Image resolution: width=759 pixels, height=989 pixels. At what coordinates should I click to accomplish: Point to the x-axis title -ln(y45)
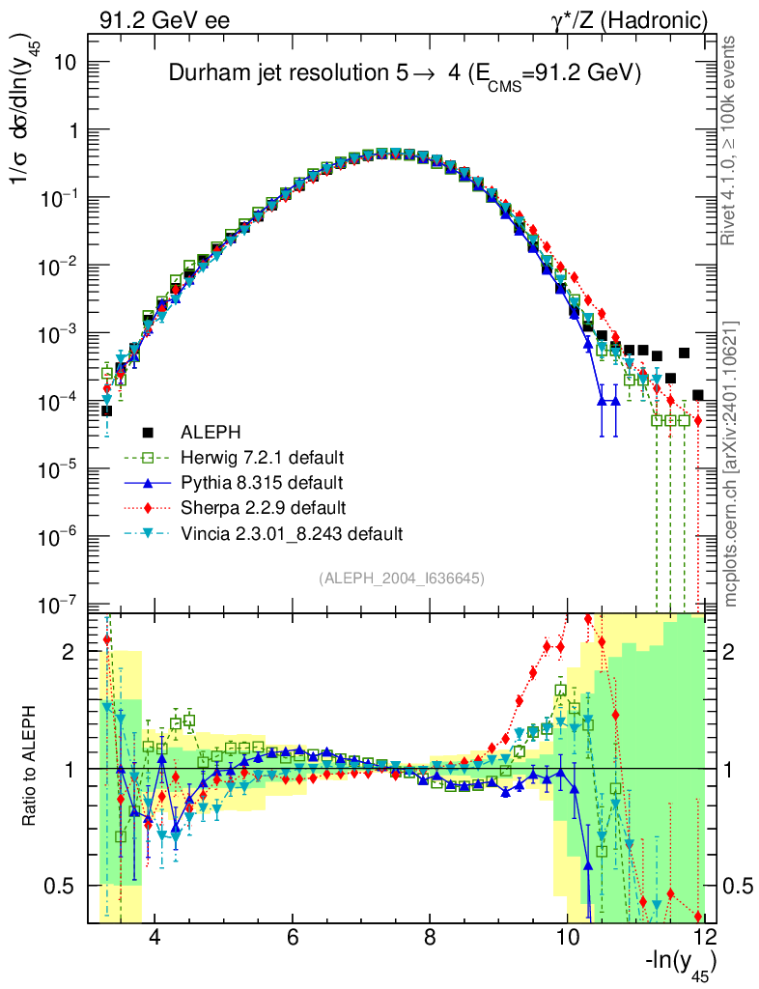click(682, 965)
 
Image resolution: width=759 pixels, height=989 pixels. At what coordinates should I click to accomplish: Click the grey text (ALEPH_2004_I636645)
click(401, 578)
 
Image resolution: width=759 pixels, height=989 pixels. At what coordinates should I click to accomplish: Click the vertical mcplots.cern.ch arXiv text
click(731, 464)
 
